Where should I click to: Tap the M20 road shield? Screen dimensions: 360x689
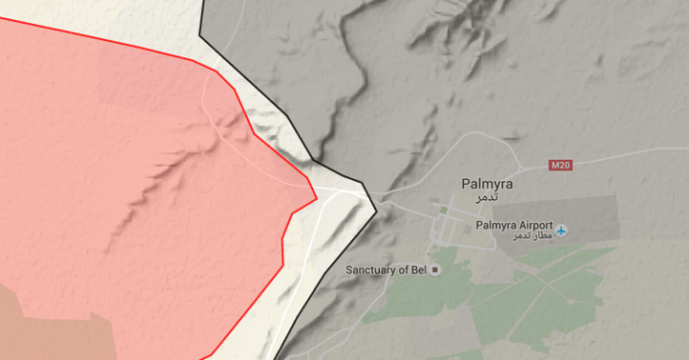[561, 165]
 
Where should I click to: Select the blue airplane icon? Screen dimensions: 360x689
[562, 229]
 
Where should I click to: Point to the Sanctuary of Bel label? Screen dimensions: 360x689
[386, 270]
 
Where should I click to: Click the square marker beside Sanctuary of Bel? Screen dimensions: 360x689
[436, 270]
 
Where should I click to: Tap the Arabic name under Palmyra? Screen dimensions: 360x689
[487, 195]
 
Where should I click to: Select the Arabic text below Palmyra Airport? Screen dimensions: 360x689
[533, 236]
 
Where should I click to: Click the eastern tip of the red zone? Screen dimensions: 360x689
[317, 199]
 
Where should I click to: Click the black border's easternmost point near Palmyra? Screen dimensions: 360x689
[376, 204]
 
